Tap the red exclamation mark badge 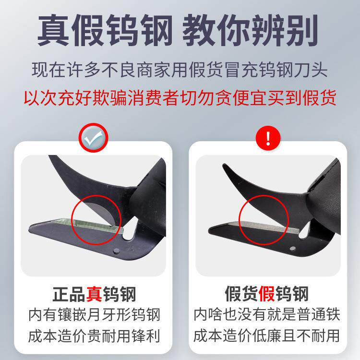coord(268,139)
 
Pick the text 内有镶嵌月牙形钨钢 coord(94,315)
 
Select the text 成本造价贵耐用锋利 coord(94,334)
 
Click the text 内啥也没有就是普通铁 coord(267,315)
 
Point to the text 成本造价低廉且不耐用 coord(267,334)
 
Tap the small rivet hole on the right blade coord(293,248)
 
